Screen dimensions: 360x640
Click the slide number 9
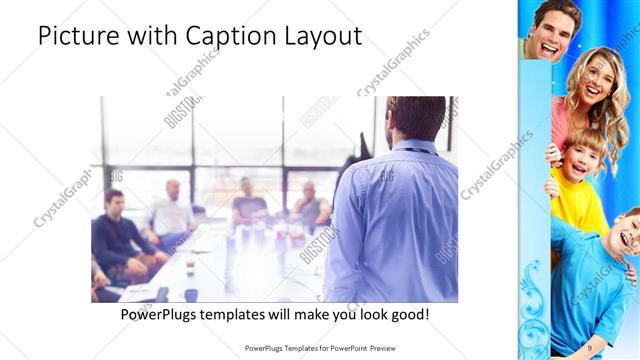point(590,347)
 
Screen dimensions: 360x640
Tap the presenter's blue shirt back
point(395,225)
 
